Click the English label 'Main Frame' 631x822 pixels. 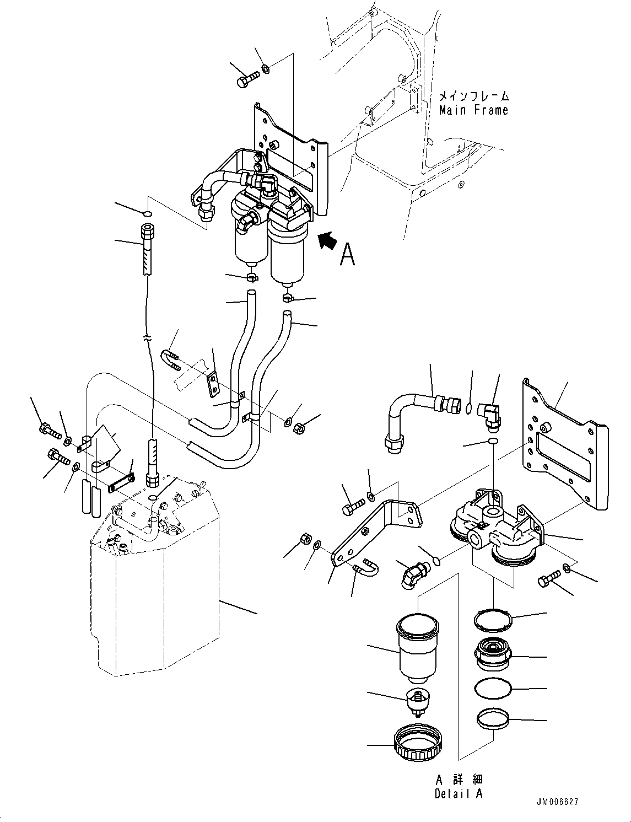(473, 110)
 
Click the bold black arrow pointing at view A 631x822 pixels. (328, 241)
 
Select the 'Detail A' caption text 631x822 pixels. (459, 794)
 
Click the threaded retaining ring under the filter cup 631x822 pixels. (417, 744)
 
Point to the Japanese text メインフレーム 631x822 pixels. (473, 96)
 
